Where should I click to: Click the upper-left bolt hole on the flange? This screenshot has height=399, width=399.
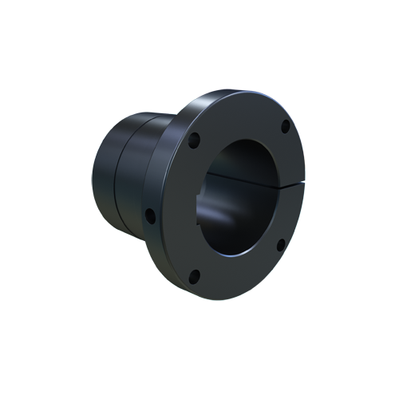click(x=194, y=142)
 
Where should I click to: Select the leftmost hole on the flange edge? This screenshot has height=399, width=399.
click(x=149, y=214)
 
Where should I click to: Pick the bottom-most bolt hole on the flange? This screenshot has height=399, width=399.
click(x=194, y=277)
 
